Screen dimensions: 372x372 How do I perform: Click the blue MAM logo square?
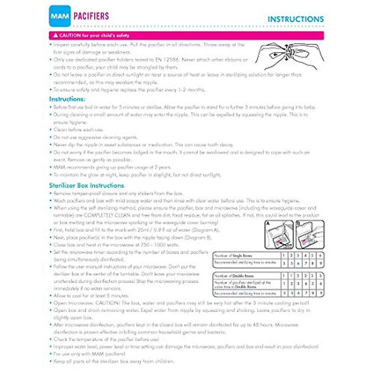point(60,16)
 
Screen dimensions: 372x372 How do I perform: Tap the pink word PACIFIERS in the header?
point(91,16)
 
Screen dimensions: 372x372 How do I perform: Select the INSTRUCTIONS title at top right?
point(295,19)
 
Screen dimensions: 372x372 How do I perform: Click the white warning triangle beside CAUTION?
point(55,35)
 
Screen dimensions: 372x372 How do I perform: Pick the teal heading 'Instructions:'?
point(67,99)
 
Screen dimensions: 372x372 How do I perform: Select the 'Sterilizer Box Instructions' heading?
point(86,185)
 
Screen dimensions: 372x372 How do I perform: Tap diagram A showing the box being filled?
point(279,234)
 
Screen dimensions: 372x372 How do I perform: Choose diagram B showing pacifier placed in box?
point(310,234)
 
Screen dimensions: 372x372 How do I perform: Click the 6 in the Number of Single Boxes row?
point(321,256)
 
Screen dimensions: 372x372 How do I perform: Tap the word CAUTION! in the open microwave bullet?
point(107,303)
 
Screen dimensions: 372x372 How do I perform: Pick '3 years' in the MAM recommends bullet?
point(162,167)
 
